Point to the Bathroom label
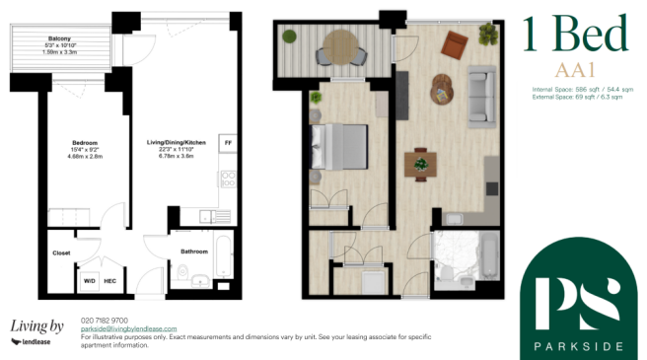(194, 252)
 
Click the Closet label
(61, 252)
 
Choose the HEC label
(111, 281)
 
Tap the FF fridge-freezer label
(227, 140)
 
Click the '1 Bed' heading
(574, 36)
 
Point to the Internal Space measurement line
(581, 89)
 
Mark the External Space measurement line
(579, 98)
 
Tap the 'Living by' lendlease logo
(36, 330)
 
